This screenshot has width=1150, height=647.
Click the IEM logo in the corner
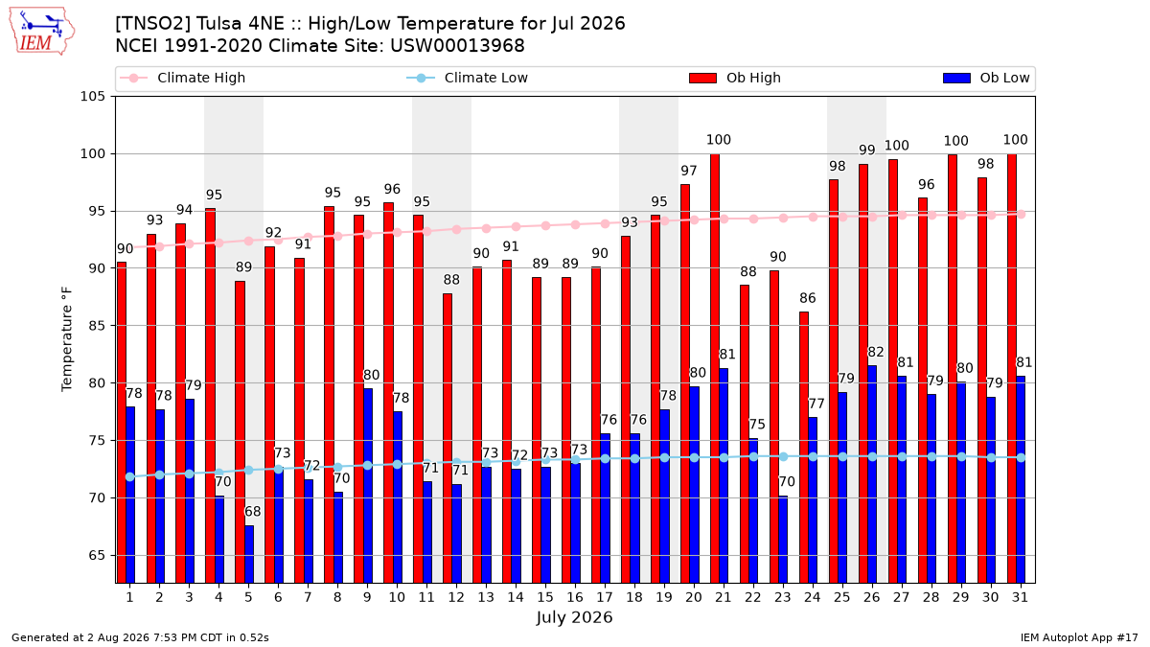[42, 32]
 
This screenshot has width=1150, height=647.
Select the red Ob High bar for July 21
[715, 368]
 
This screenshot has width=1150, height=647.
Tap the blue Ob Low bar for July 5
[249, 554]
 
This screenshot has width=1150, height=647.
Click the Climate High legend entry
[182, 78]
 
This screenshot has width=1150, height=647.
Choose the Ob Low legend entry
[986, 78]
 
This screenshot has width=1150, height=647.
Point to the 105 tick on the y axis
[92, 97]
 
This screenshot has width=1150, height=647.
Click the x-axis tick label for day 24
[813, 597]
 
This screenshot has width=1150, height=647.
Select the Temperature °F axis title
[67, 339]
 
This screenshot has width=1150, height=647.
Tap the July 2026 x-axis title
[574, 617]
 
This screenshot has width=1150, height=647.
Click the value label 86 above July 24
[808, 298]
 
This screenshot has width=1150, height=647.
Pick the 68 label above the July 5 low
[253, 512]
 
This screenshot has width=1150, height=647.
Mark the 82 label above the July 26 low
[875, 352]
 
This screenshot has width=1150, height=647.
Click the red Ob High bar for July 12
[448, 438]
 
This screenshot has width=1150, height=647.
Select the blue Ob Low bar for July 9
[368, 486]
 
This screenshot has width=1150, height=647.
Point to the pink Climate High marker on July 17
[605, 224]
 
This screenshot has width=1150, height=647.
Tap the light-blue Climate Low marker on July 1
[130, 477]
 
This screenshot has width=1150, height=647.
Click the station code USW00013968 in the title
[457, 46]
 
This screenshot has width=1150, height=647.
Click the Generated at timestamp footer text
[140, 637]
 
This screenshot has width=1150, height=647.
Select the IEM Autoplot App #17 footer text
[1079, 637]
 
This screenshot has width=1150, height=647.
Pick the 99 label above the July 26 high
[867, 150]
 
